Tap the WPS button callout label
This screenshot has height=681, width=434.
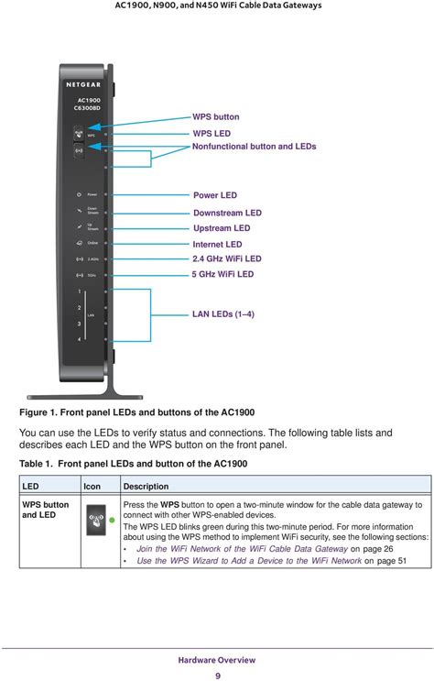(215, 117)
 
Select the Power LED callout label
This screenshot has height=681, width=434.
(214, 195)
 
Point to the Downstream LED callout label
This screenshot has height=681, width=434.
(227, 213)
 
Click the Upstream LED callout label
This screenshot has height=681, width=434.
(222, 228)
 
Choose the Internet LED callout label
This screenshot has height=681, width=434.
(217, 245)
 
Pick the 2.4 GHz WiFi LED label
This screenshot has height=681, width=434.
(226, 259)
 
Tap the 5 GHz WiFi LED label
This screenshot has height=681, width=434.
(222, 274)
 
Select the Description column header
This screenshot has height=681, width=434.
(145, 486)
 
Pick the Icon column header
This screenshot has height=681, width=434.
(92, 486)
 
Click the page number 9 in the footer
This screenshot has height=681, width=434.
(217, 676)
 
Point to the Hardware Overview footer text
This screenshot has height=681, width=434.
(217, 660)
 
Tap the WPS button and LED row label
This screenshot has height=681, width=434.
(44, 510)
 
